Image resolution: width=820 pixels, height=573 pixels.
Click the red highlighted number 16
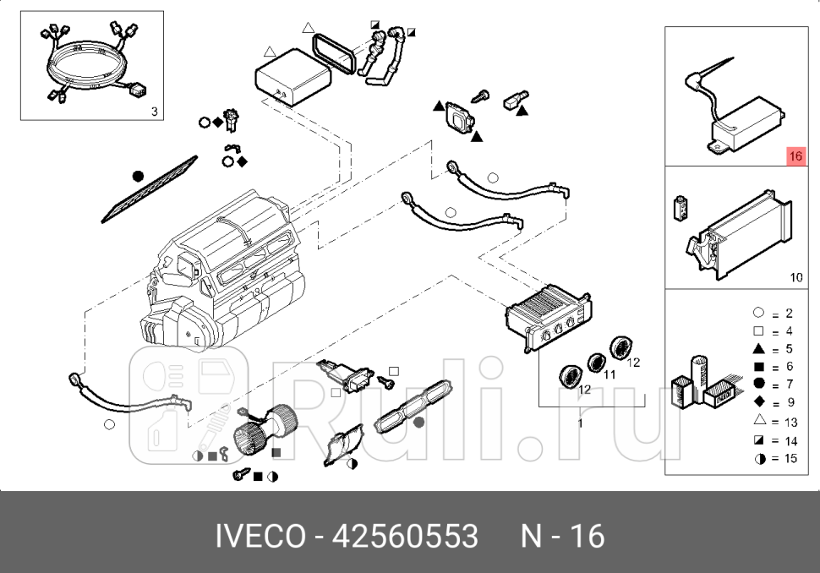tap(795, 156)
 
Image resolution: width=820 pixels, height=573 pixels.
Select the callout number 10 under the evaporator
tap(795, 277)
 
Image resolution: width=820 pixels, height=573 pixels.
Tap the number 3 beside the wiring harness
tap(153, 111)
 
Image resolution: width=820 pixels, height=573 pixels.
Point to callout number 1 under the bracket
tap(580, 423)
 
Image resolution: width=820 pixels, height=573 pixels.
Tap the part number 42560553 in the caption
tap(404, 536)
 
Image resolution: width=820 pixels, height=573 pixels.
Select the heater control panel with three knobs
tap(544, 319)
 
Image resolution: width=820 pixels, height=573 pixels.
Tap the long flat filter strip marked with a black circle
tap(150, 190)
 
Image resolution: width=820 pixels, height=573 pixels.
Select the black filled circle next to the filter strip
tap(139, 176)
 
